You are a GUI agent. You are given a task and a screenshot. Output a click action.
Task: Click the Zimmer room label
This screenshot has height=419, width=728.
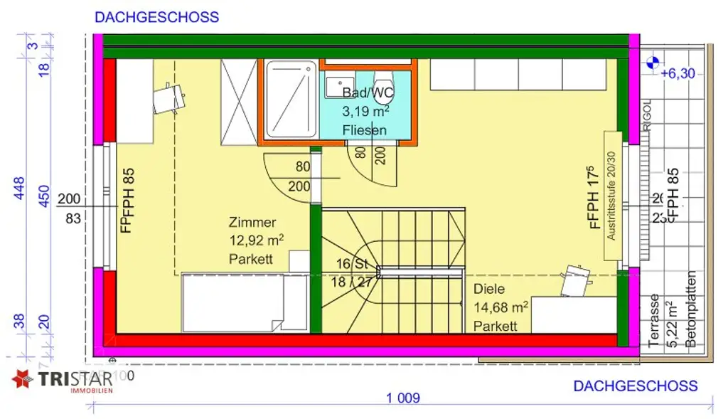[x=252, y=223]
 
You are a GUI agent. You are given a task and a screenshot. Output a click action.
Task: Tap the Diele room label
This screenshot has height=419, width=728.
[x=489, y=290]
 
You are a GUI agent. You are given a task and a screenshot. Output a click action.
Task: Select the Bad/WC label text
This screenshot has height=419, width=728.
[x=368, y=92]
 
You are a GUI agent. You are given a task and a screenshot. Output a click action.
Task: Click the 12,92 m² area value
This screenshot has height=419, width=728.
[x=256, y=240]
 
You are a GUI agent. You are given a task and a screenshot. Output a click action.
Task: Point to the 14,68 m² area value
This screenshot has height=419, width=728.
[x=500, y=308]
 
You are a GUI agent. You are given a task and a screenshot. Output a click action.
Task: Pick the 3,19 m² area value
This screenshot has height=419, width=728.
[x=365, y=112]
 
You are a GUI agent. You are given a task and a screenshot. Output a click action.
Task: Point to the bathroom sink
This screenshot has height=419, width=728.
[x=336, y=87]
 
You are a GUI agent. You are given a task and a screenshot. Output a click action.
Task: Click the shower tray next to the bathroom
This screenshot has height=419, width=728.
[x=291, y=99]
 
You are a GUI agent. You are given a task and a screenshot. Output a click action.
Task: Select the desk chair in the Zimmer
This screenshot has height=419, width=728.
[x=170, y=97]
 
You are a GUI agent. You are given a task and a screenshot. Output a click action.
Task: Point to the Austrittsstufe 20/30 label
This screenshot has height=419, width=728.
[x=611, y=195]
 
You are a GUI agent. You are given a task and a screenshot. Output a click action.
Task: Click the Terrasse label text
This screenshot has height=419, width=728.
[x=655, y=321]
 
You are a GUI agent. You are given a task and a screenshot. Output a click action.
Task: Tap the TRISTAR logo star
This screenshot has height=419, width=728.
[x=23, y=379]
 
